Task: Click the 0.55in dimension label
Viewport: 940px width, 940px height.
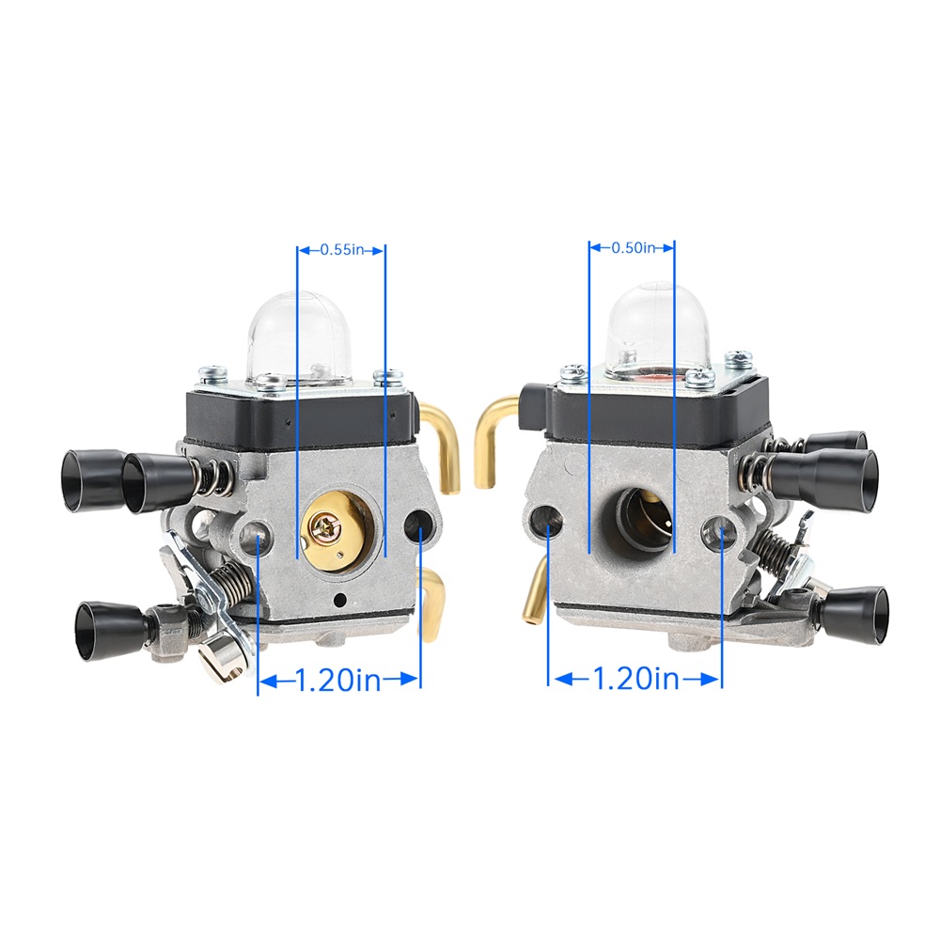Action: pos(342,249)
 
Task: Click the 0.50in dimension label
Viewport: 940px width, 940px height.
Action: pos(633,247)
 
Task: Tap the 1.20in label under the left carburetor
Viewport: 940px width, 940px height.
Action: pos(338,681)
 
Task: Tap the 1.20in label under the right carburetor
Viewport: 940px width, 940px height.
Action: pos(636,680)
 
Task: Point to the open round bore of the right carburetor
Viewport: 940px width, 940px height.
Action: pos(636,521)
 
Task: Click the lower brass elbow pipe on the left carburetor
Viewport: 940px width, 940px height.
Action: pos(432,603)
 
